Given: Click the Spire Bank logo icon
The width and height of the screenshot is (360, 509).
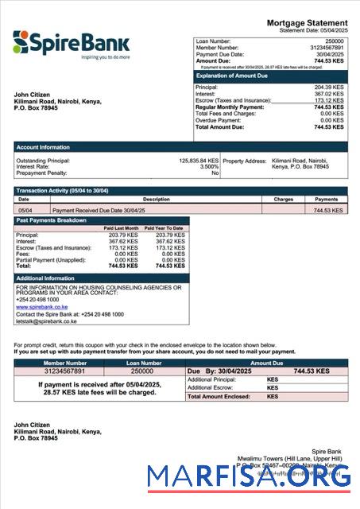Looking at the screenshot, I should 21,41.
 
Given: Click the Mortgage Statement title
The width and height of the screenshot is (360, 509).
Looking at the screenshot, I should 307,23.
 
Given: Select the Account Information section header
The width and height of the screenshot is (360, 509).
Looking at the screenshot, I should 43,147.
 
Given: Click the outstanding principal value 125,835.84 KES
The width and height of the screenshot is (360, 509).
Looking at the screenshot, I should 198,161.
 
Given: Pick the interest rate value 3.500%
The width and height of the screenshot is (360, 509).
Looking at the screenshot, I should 209,167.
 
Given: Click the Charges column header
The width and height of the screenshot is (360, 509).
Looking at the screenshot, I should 284,200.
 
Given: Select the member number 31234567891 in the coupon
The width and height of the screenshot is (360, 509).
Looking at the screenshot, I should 53,371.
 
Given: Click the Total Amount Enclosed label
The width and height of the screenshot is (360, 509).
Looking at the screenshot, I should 216,396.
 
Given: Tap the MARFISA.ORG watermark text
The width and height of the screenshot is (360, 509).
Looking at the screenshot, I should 249,477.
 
